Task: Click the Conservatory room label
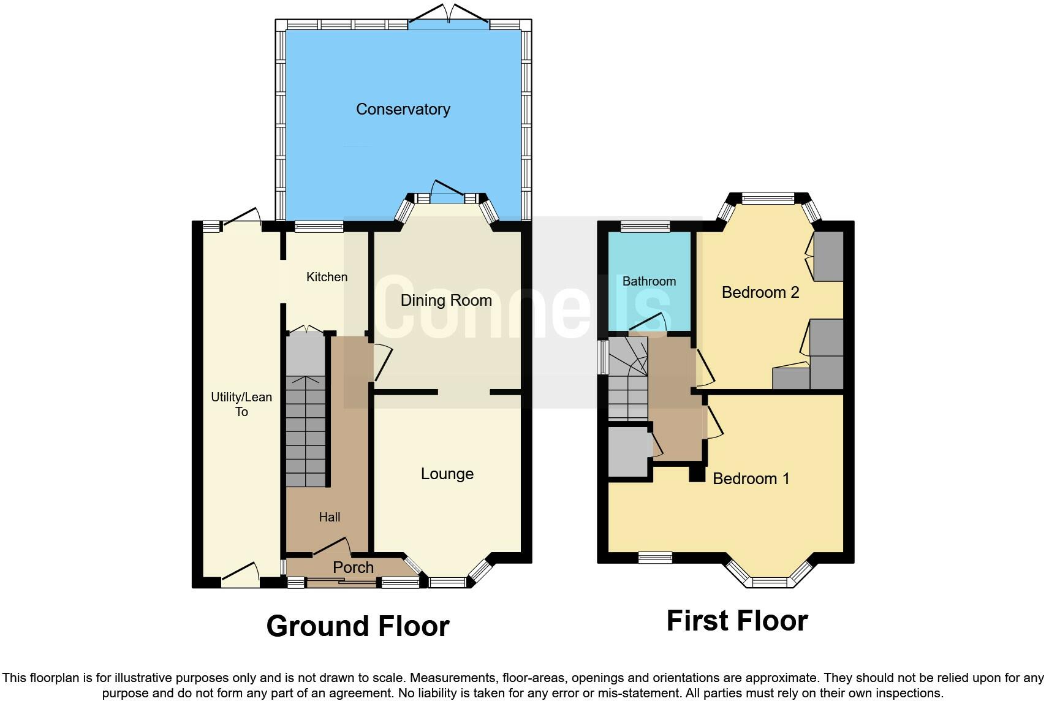click(403, 109)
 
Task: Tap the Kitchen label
click(327, 277)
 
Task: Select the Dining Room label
click(446, 300)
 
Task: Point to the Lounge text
click(447, 474)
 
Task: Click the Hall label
click(329, 517)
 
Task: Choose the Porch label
click(353, 567)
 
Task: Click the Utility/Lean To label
click(241, 404)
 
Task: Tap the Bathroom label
click(649, 281)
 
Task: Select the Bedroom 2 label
click(760, 292)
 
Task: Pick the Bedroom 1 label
click(751, 479)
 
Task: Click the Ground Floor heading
click(358, 626)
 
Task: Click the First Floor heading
click(737, 621)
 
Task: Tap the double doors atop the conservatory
click(449, 13)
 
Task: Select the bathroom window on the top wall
click(645, 227)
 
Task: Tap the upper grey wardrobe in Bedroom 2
click(828, 256)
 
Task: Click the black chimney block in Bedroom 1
click(697, 474)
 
